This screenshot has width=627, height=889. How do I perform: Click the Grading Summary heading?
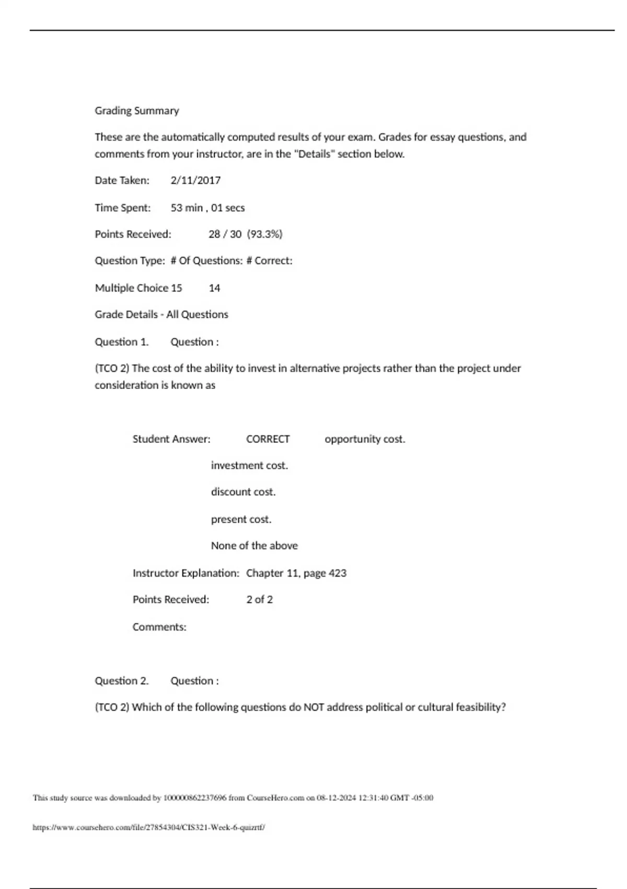click(x=137, y=111)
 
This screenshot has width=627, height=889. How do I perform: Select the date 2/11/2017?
click(x=195, y=180)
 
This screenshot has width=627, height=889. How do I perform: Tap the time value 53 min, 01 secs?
click(x=207, y=208)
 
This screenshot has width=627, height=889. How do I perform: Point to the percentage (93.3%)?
click(x=264, y=234)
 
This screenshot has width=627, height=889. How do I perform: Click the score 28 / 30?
click(x=225, y=234)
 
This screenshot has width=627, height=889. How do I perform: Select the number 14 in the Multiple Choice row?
click(x=214, y=288)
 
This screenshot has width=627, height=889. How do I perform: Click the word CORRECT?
click(x=268, y=439)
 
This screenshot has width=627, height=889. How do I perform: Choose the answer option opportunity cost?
click(x=365, y=439)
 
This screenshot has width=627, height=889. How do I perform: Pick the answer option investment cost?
click(x=249, y=465)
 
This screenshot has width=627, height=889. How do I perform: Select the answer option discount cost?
click(x=243, y=492)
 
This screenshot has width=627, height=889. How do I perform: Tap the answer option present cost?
click(x=241, y=519)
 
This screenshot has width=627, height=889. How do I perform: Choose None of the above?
click(x=254, y=545)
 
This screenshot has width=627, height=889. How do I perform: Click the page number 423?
click(x=337, y=573)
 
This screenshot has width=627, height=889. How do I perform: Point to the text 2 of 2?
click(x=259, y=599)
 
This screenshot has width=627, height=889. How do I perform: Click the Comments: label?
click(x=159, y=627)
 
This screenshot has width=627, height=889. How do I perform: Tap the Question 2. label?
click(x=122, y=681)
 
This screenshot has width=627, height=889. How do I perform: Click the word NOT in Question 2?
click(x=313, y=708)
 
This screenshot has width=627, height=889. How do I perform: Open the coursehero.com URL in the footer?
click(x=149, y=828)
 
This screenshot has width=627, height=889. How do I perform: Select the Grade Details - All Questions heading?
click(x=161, y=315)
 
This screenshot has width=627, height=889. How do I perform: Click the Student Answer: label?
click(x=171, y=439)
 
